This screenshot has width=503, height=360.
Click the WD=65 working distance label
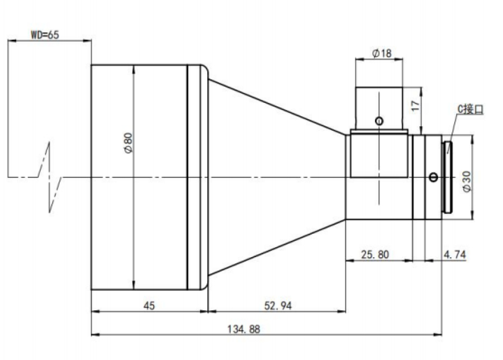[45, 35]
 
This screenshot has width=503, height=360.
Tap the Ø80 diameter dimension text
[128, 143]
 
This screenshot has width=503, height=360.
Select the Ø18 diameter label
[382, 53]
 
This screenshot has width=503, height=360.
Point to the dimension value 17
[415, 106]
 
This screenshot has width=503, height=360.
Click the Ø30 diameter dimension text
[467, 181]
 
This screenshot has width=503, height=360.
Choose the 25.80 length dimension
[374, 254]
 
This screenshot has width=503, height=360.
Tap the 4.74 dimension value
[454, 255]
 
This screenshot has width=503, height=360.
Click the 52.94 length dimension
[278, 305]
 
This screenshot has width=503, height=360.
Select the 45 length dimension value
[149, 305]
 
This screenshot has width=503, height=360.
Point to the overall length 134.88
[244, 329]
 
